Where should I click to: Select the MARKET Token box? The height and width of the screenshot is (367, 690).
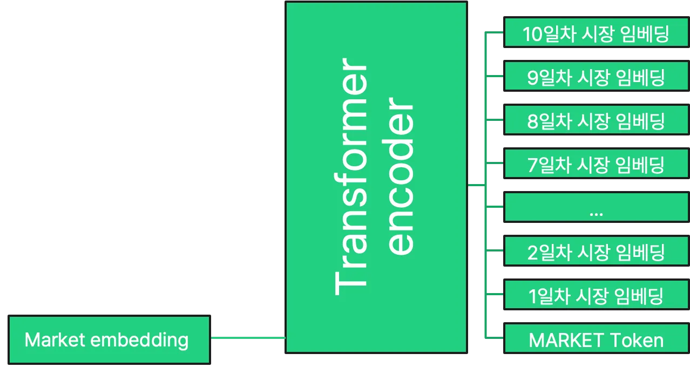tap(596, 340)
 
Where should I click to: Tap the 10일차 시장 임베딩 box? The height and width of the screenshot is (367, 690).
tap(596, 34)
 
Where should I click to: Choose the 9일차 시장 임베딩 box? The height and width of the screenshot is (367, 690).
tap(596, 78)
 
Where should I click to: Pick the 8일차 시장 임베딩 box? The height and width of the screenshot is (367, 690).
tap(596, 121)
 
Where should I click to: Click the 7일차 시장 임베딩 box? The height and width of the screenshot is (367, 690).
tap(596, 165)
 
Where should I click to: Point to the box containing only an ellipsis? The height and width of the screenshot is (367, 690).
tap(596, 208)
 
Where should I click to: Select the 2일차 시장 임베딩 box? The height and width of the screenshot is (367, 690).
tap(596, 252)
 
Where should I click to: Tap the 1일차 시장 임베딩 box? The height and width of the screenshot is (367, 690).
tap(596, 296)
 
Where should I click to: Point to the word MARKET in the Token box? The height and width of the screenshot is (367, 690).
tap(566, 340)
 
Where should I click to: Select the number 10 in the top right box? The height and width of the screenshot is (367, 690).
tap(533, 35)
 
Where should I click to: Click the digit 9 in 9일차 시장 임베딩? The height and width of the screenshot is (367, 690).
tap(533, 78)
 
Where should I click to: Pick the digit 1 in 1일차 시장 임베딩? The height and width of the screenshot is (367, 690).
tap(533, 296)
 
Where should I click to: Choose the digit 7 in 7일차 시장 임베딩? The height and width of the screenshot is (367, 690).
tap(533, 165)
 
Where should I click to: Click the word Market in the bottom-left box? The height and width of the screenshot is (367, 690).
tap(55, 340)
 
